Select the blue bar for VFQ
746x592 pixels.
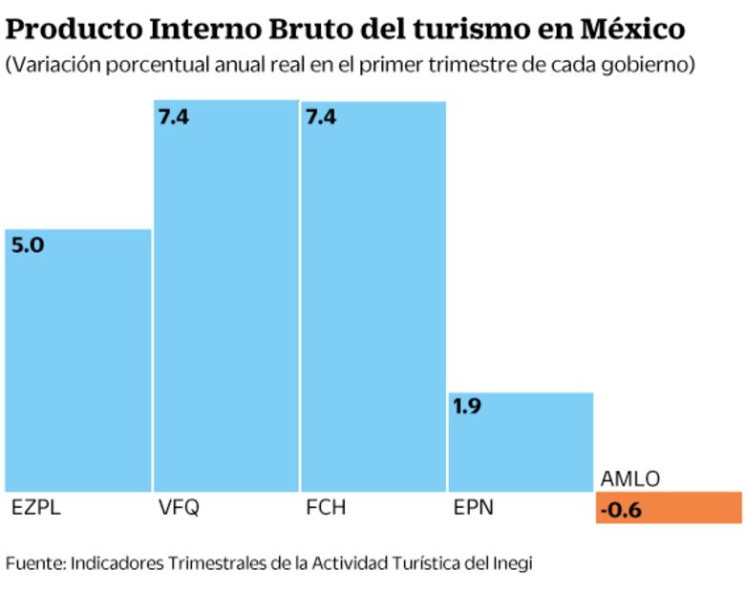(226, 296)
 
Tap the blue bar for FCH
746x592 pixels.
(373, 296)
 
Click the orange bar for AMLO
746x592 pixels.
(669, 508)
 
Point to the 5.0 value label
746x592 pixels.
(29, 244)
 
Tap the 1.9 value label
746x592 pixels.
(467, 407)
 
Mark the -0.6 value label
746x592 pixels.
(621, 510)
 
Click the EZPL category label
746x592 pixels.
(36, 507)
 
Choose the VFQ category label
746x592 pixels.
(179, 507)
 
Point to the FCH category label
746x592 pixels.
(326, 507)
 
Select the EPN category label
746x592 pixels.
(474, 507)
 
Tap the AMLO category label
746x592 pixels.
(629, 478)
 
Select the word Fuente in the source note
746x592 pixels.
(35, 562)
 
